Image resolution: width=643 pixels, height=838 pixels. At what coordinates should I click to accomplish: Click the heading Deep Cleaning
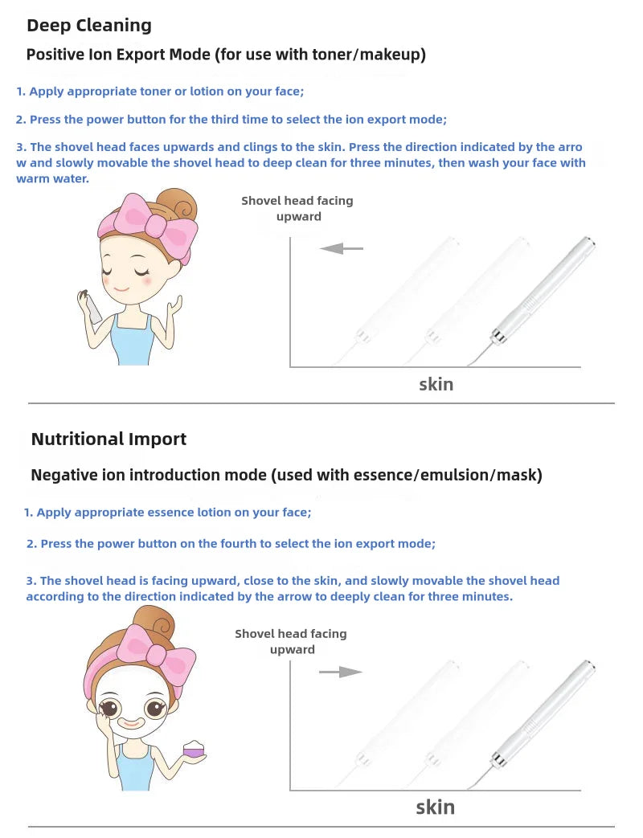point(88,25)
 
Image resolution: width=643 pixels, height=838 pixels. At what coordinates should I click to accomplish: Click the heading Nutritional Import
point(109,439)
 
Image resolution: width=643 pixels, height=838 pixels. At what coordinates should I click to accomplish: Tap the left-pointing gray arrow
point(342,249)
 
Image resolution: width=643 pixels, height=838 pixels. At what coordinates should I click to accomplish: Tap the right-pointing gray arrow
point(340,672)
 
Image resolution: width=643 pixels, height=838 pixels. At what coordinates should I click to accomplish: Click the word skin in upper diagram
point(436,384)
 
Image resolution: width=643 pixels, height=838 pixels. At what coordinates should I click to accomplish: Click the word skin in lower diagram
point(435,807)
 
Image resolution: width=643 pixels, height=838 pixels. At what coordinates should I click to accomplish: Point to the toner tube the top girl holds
point(96,308)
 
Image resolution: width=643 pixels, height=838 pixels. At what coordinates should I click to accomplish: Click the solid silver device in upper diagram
point(540,293)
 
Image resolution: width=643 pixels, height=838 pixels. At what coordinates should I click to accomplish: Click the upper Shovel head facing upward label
point(297,208)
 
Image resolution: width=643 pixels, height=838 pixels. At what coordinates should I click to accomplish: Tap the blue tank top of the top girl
point(131,341)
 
